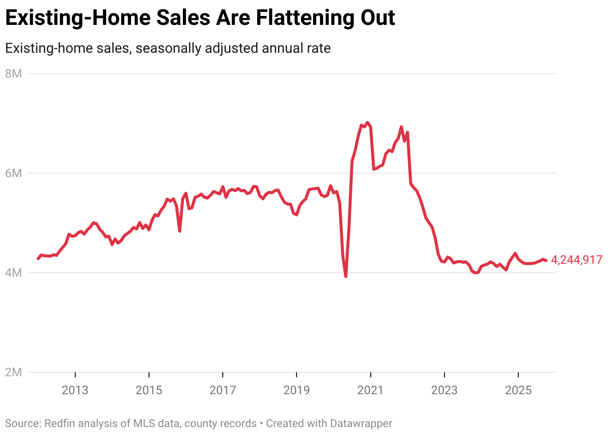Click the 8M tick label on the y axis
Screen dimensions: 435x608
coord(14,74)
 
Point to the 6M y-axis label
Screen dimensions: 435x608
coord(14,173)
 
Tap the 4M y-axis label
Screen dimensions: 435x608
coord(14,273)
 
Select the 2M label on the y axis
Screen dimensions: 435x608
coord(14,372)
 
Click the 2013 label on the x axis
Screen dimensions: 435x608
coord(75,390)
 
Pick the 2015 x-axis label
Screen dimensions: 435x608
coord(149,390)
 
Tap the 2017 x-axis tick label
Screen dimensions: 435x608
coord(223,390)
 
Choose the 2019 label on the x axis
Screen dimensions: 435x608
coord(297,390)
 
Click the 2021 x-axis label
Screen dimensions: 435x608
coord(370,390)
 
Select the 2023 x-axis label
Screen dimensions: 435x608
coord(444,390)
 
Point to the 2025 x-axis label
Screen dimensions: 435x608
coord(518,390)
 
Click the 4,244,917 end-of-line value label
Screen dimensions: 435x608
coord(577,260)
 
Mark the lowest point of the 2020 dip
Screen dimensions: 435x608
coord(346,276)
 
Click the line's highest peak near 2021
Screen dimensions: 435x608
coord(367,122)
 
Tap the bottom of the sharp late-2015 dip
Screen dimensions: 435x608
coord(179,231)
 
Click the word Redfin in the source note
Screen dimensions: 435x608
coord(59,424)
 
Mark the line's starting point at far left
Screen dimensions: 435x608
coord(38,258)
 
